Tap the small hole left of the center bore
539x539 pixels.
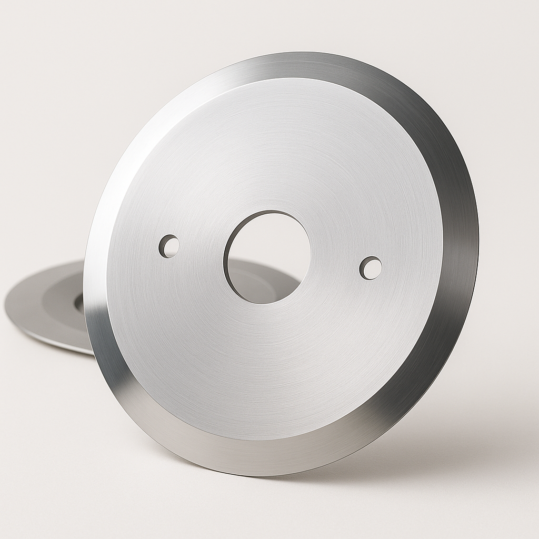click(169, 246)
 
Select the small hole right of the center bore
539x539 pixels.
click(371, 268)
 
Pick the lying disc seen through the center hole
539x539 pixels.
click(263, 284)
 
